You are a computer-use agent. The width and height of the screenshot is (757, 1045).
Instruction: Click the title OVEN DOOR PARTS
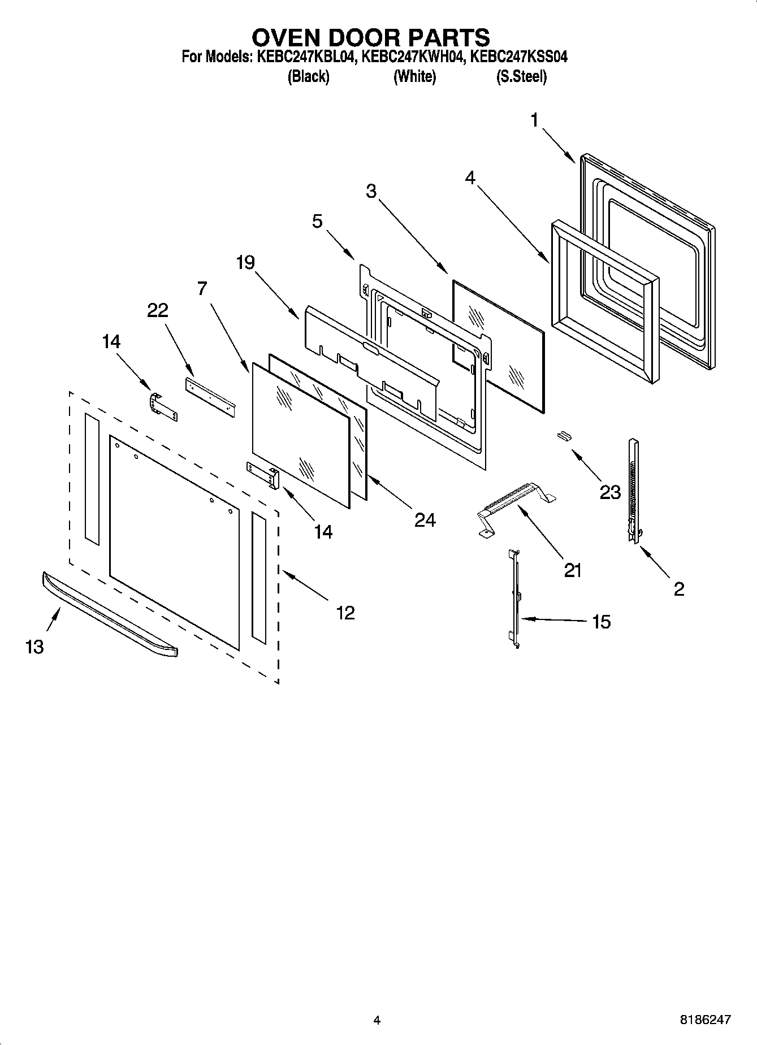[370, 37]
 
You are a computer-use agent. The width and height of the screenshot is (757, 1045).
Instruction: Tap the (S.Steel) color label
[521, 76]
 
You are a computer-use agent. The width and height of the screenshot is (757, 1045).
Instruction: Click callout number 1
[534, 120]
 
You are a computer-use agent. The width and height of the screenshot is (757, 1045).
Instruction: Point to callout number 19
[246, 263]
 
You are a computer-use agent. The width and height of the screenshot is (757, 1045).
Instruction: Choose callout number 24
[425, 520]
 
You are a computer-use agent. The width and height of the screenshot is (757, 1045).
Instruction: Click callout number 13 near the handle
[34, 647]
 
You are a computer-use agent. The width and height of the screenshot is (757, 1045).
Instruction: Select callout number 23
[610, 492]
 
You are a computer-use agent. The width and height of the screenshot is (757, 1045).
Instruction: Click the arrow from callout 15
[554, 620]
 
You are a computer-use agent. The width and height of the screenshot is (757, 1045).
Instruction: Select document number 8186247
[706, 1020]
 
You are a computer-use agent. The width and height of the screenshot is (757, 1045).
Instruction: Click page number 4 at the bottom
[377, 1020]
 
